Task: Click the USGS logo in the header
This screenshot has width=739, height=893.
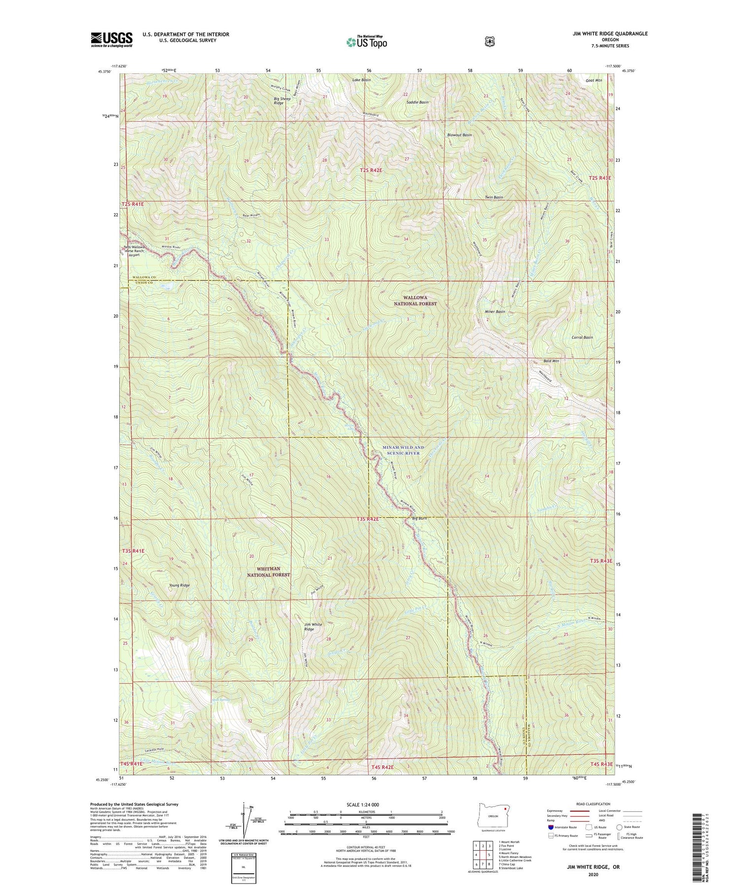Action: coord(112,39)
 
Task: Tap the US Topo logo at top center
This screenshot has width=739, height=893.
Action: coord(367,42)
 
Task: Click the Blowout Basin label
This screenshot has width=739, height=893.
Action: coord(459,135)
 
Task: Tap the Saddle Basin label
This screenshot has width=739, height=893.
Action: coord(417,102)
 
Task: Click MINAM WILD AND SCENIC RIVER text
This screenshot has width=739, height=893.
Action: coord(403,450)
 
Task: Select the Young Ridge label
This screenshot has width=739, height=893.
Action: coord(179,585)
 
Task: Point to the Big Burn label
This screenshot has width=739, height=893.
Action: coord(420,519)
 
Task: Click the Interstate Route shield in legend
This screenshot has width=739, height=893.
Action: coord(551,827)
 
